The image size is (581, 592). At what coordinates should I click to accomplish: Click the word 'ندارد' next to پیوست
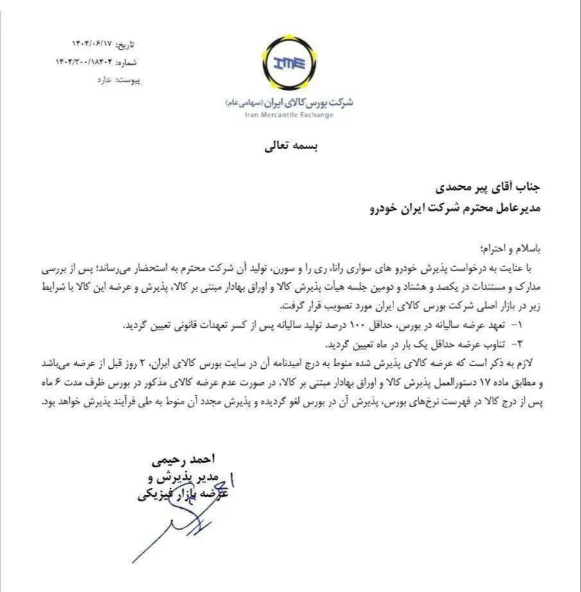[103, 80]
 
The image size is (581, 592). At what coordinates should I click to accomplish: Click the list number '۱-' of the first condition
[522, 326]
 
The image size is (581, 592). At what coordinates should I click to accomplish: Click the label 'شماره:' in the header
[128, 63]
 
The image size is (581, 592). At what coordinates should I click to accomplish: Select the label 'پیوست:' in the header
[127, 80]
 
